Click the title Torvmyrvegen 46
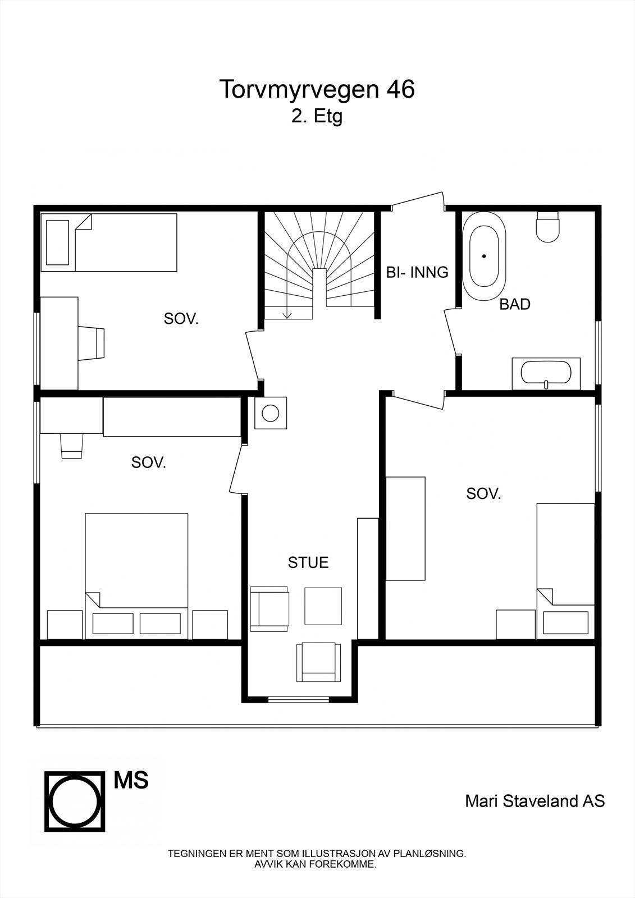[x=317, y=90]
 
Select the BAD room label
[x=515, y=305]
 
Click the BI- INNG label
[x=417, y=273]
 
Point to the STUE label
[x=308, y=562]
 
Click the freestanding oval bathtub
[x=484, y=256]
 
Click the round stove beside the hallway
[x=271, y=414]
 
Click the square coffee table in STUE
[x=323, y=606]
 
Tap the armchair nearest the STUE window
[x=319, y=662]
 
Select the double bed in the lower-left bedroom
[x=136, y=575]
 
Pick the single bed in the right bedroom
[x=565, y=570]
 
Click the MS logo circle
[x=75, y=801]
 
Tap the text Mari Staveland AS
[x=535, y=801]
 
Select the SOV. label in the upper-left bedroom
[x=181, y=319]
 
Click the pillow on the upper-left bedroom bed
[x=58, y=242]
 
